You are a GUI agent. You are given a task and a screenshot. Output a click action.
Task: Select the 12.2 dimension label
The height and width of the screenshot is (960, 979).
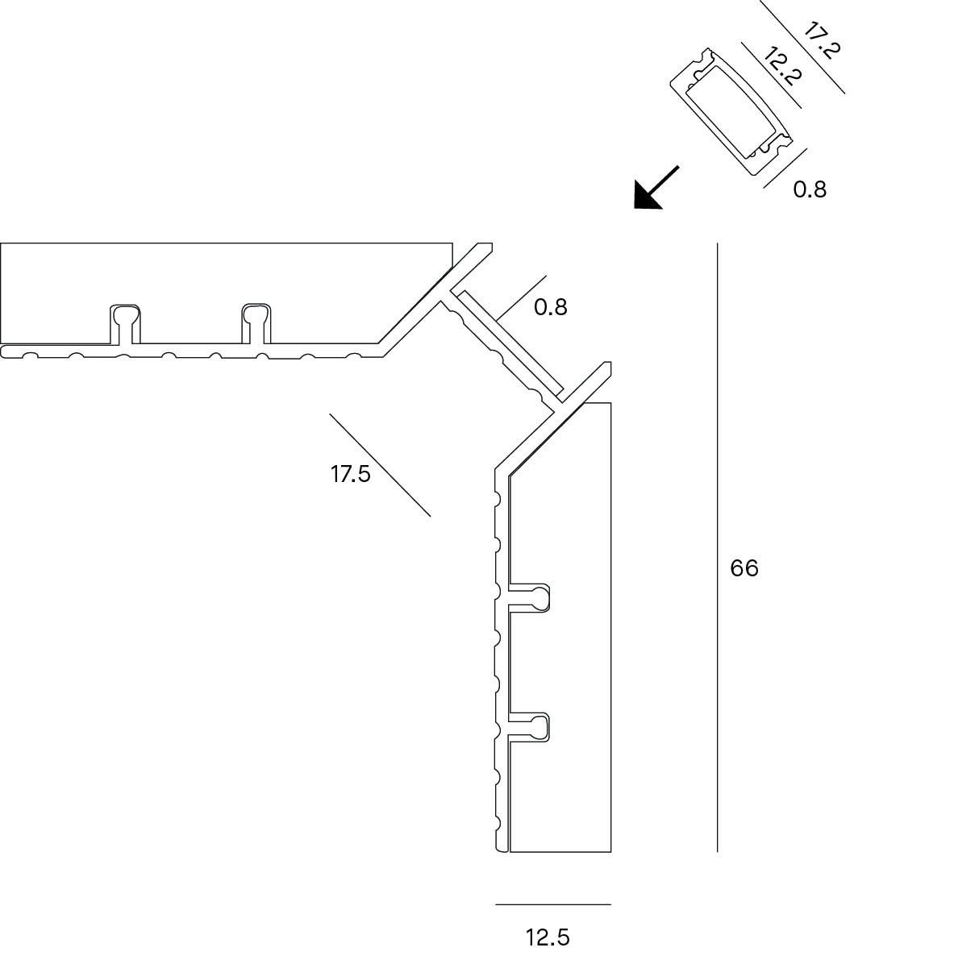(x=782, y=66)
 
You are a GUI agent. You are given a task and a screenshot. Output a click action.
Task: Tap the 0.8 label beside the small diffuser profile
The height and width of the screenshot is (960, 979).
(x=810, y=189)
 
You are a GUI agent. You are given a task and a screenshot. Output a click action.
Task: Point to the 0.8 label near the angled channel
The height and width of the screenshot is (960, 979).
(x=550, y=307)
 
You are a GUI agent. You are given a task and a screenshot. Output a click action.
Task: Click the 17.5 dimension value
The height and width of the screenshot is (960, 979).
(x=351, y=474)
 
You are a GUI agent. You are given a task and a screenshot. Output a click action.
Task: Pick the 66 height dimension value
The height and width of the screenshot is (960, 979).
(x=744, y=568)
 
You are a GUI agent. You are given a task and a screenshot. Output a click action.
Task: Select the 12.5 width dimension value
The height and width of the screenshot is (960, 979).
(x=548, y=937)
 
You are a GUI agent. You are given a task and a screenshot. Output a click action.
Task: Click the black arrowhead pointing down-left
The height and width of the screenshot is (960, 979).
(x=646, y=196)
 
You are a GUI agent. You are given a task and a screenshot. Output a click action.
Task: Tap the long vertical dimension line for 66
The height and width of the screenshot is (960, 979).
(x=718, y=547)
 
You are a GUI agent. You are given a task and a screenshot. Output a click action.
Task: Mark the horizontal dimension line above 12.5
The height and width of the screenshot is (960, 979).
(x=553, y=904)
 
